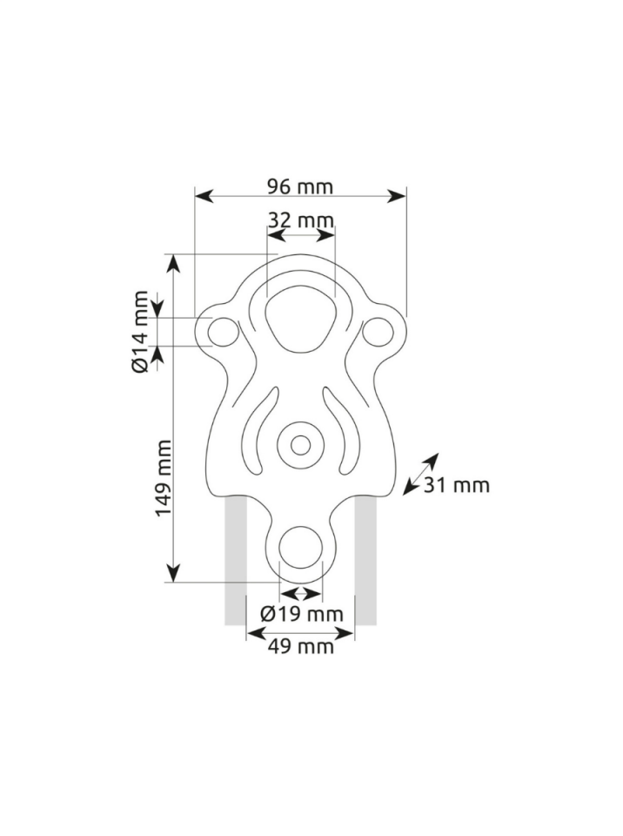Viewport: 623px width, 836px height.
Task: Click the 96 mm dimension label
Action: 299,187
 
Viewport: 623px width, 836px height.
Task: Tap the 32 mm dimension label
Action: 300,219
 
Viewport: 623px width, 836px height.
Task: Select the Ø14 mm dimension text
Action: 140,332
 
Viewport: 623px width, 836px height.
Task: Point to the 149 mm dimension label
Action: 163,478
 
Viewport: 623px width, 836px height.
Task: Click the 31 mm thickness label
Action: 456,485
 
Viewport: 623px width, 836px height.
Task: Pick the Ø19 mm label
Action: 302,614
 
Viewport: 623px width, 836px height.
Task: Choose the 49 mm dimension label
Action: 300,647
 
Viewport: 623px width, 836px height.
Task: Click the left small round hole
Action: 224,332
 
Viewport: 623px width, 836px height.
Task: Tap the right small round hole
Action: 378,332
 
